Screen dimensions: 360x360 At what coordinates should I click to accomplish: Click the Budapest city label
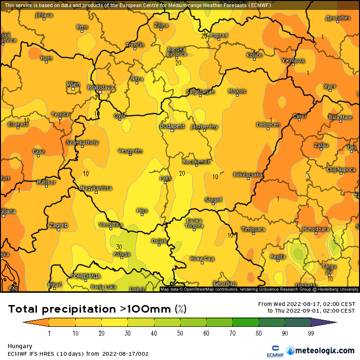172,126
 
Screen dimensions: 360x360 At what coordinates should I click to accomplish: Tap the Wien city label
73,85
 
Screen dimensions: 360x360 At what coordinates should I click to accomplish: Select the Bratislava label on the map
101,88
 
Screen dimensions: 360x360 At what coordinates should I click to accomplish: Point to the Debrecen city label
268,125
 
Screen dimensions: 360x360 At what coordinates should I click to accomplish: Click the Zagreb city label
58,225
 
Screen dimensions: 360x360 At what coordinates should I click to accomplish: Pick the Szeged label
213,200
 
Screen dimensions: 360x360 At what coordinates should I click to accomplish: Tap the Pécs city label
142,210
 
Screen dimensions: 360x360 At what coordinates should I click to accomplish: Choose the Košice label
254,55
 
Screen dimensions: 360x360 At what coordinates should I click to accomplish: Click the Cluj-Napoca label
341,170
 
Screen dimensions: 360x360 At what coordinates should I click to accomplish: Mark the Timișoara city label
253,229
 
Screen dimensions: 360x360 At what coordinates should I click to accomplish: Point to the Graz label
38,152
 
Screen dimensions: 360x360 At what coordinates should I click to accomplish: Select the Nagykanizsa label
96,188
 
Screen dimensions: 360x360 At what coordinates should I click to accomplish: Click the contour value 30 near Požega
119,247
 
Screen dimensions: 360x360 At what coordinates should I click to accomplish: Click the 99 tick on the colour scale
311,333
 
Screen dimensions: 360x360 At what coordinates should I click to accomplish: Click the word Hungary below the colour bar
20,346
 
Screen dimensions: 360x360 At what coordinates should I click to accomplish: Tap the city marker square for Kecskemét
196,166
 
